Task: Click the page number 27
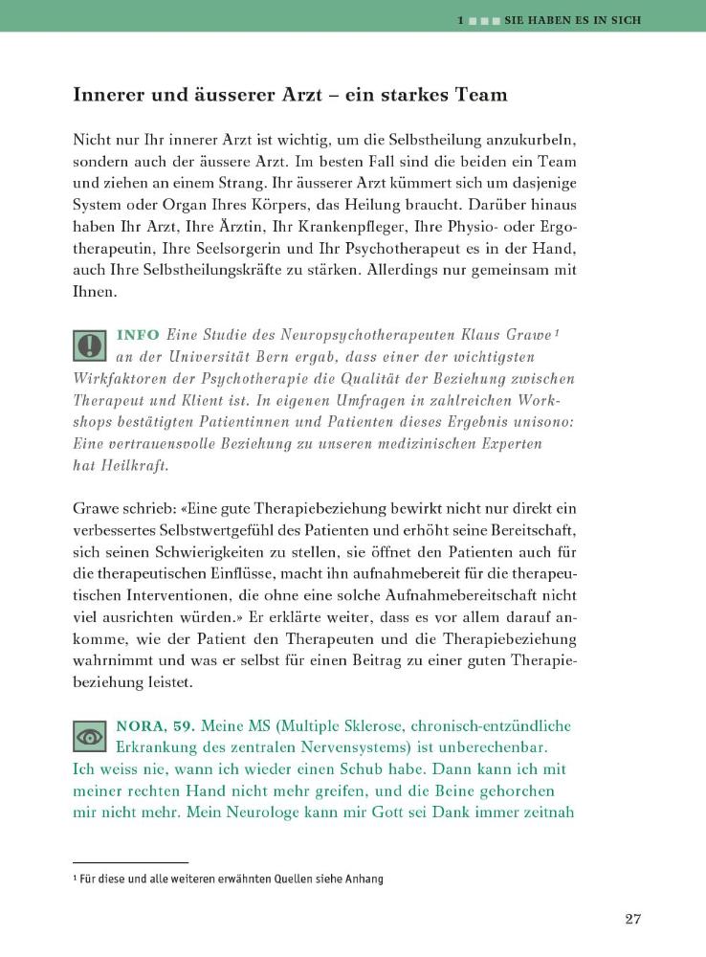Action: click(632, 920)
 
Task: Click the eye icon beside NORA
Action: click(90, 735)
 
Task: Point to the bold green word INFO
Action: click(137, 336)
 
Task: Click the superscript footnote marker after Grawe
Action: click(556, 333)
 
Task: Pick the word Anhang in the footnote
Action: click(364, 879)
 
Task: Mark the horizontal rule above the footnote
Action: click(131, 862)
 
